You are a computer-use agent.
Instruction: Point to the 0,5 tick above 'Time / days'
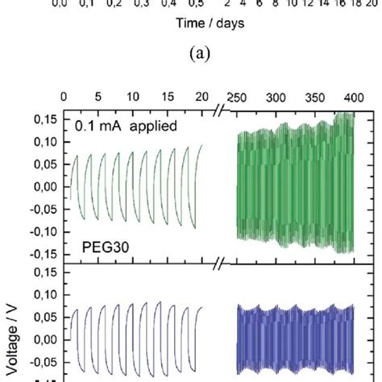(194, 4)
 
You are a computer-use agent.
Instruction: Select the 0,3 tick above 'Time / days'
(141, 4)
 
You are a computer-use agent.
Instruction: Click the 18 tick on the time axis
(351, 4)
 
